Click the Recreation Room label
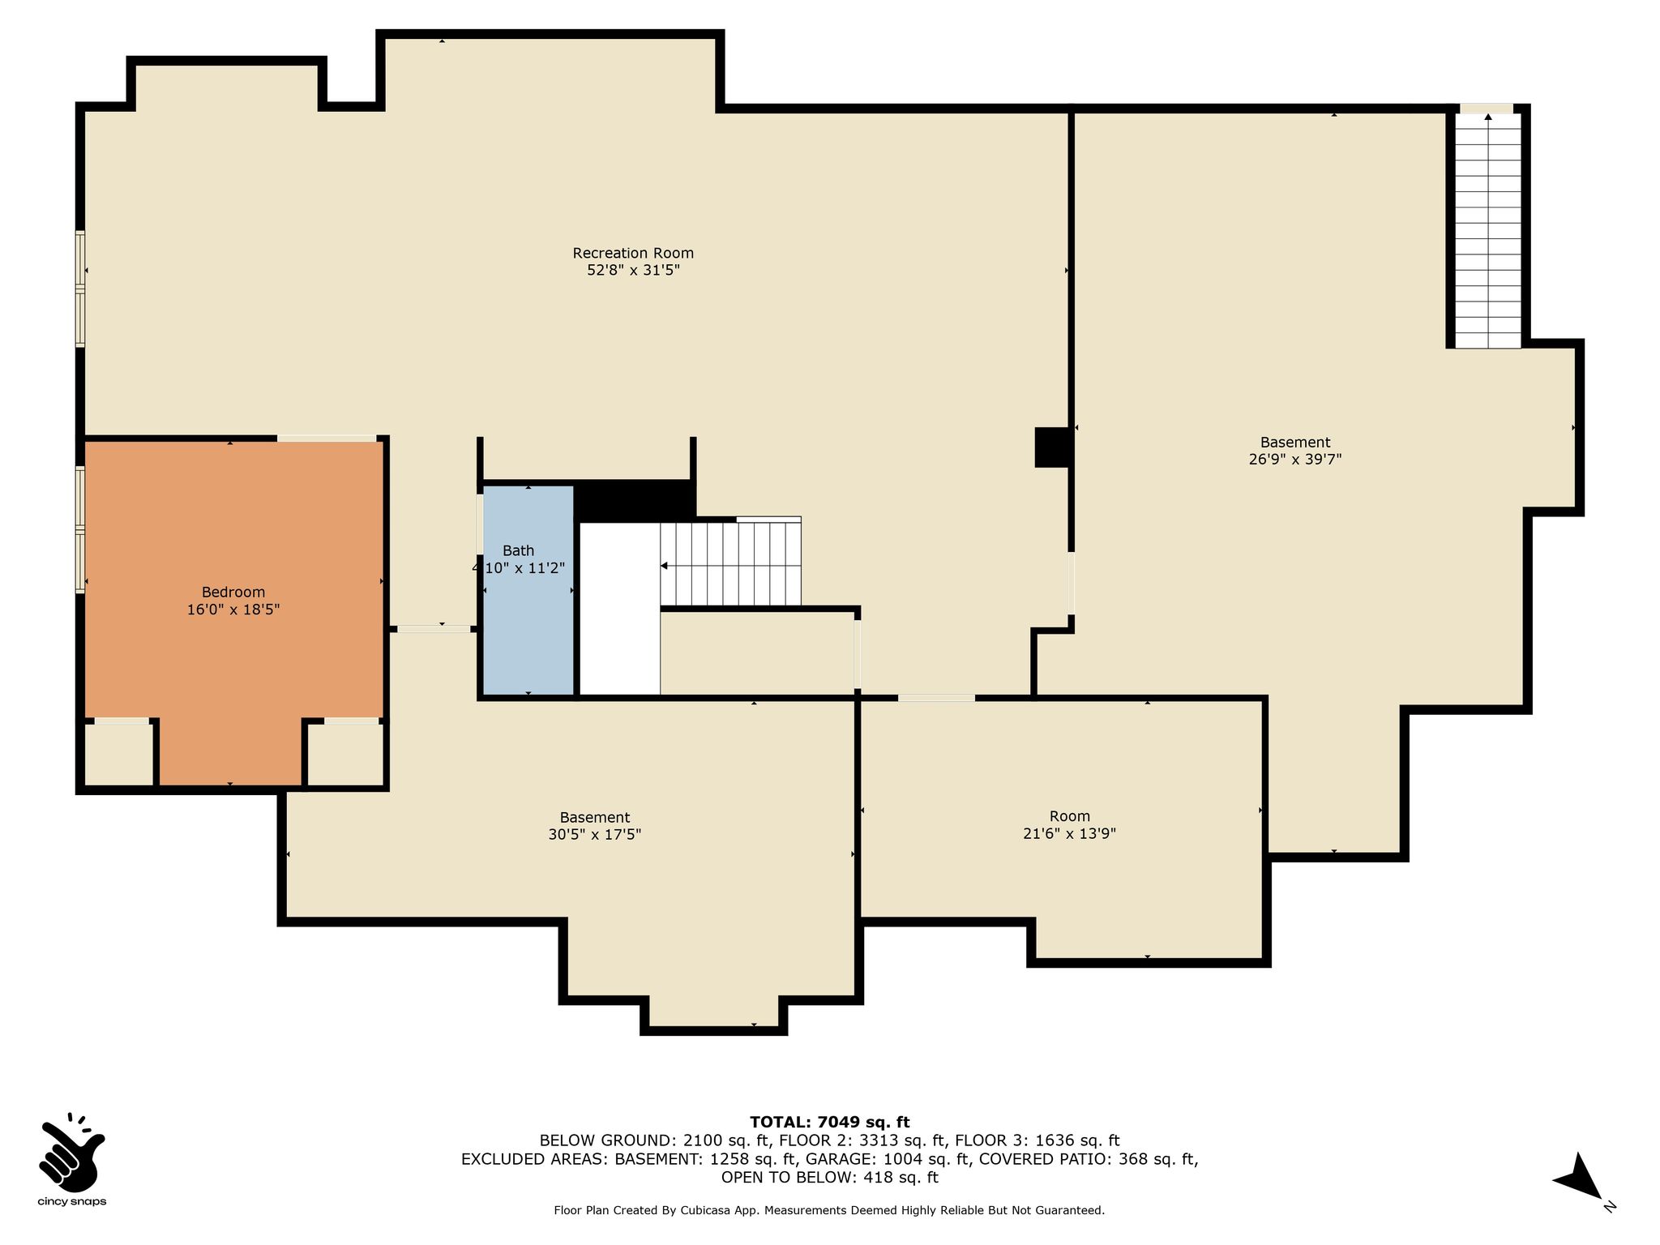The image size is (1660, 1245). (x=633, y=253)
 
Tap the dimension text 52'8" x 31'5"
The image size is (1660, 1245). (x=633, y=270)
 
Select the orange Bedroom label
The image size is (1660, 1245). (x=233, y=593)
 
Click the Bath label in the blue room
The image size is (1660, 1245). (x=519, y=551)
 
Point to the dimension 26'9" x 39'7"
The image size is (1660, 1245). (x=1295, y=459)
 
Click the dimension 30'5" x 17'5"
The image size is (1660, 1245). (x=595, y=834)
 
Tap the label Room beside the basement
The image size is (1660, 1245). (x=1070, y=816)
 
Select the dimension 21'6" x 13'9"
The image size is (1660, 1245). (x=1070, y=833)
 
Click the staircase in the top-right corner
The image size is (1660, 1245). (x=1488, y=230)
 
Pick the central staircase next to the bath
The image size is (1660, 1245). (x=730, y=563)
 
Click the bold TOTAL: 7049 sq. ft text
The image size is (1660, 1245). (x=829, y=1123)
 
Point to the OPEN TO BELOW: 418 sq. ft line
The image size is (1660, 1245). (x=829, y=1177)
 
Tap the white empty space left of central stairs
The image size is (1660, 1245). (x=620, y=609)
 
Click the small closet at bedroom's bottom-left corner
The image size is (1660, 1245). (x=119, y=754)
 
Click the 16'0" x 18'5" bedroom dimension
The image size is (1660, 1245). (x=233, y=610)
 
